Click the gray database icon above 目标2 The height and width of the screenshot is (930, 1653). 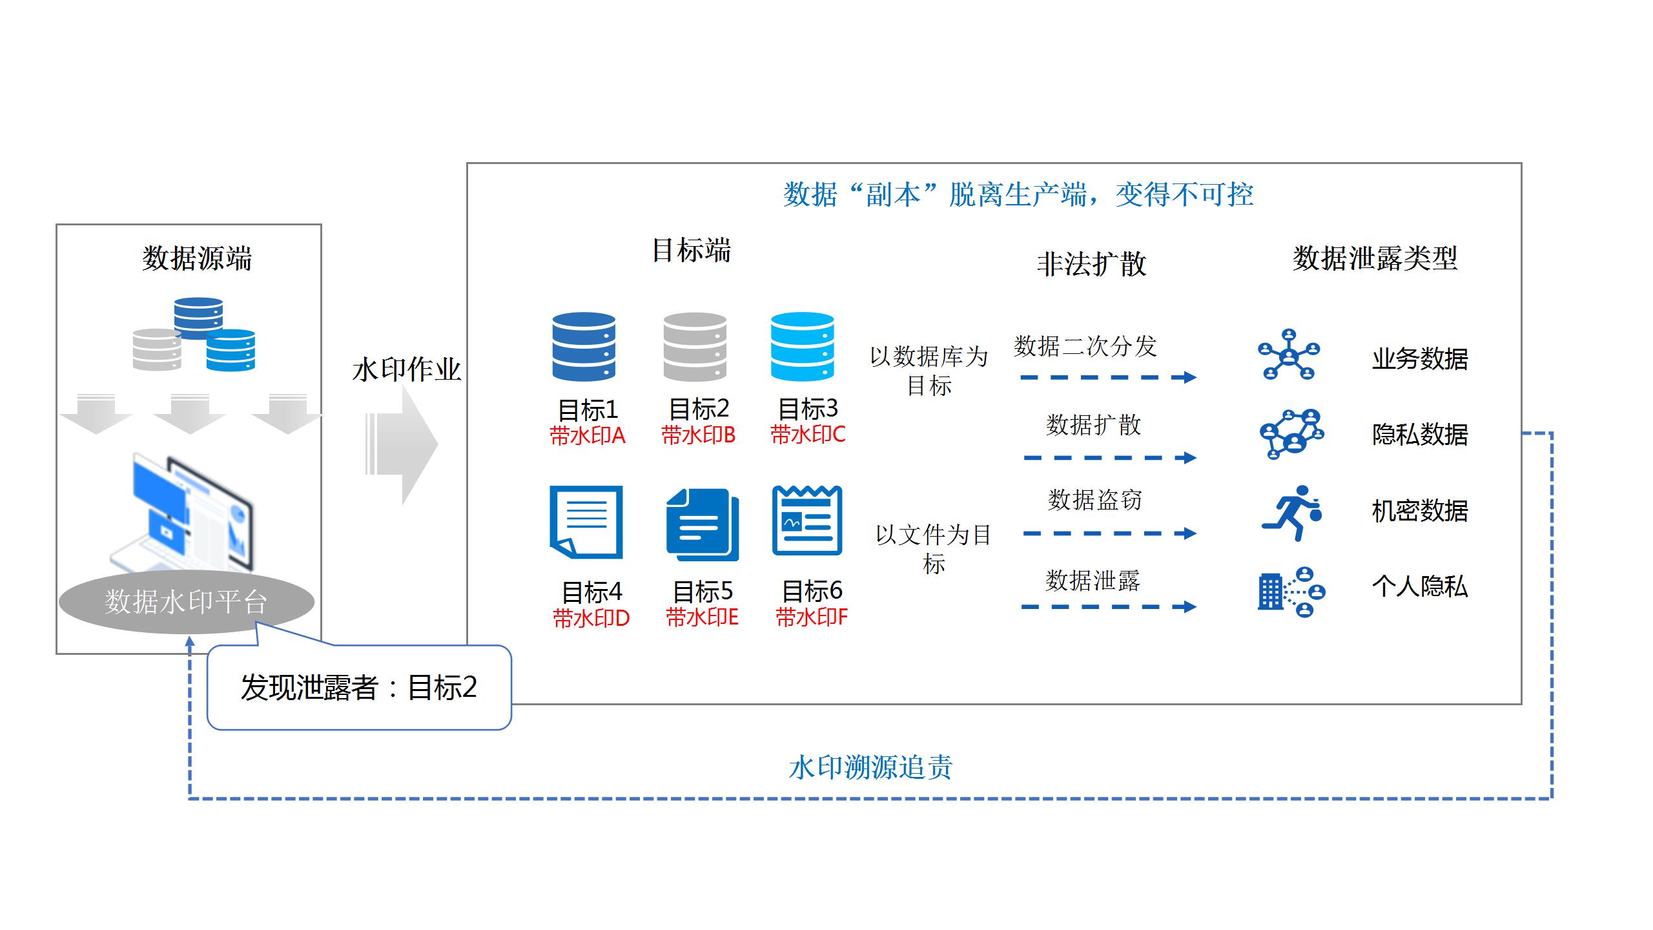pos(695,347)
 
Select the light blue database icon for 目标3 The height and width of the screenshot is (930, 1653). pos(803,347)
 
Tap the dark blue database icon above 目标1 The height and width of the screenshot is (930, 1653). pos(584,347)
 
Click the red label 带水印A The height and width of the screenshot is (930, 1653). pos(588,436)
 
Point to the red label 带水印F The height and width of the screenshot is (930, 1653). pos(812,618)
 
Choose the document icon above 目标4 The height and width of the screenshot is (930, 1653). pos(586,522)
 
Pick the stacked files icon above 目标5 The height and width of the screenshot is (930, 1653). pos(703,524)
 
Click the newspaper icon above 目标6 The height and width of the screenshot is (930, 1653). pos(807,521)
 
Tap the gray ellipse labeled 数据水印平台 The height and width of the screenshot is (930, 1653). pos(186,601)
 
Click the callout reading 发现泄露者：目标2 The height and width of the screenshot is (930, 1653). pos(359,687)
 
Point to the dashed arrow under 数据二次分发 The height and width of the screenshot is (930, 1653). pos(1108,377)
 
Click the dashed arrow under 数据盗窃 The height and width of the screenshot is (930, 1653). pos(1109,533)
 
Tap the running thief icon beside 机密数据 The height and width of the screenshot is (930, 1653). pos(1291,513)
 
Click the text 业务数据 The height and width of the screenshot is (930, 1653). pos(1419,359)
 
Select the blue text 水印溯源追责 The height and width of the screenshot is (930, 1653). pos(870,768)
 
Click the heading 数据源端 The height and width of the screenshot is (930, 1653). pos(197,258)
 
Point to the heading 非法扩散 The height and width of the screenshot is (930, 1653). pos(1091,264)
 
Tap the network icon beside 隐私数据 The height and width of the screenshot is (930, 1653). pos(1291,433)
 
